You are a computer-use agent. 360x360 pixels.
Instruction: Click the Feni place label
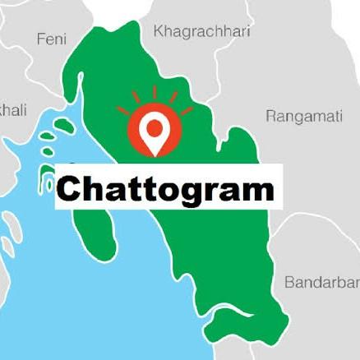point(53,39)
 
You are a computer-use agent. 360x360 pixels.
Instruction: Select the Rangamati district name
point(303,116)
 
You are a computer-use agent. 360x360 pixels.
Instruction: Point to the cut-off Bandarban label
point(321,283)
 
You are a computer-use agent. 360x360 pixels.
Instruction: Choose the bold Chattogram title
point(165,189)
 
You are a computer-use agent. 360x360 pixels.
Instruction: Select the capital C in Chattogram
point(71,190)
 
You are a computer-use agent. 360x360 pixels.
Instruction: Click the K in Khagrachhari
point(159,30)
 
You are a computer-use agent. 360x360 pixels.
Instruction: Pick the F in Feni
point(40,39)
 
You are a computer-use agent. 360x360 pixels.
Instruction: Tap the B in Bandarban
point(289,283)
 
